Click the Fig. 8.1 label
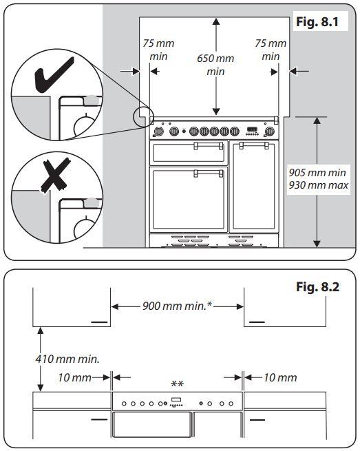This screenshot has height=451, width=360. coord(317,21)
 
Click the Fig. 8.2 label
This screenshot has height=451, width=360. coord(318,286)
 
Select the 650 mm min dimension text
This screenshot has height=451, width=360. coord(215,65)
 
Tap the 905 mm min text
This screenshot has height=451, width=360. coord(317,173)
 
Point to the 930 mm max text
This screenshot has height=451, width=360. coord(318,185)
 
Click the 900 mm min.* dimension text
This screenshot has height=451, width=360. coord(177,306)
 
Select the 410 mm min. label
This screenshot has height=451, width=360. coord(67,359)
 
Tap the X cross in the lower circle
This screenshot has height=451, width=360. coord(56,176)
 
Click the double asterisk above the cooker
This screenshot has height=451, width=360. coord(177,384)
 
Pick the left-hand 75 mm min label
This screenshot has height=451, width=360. coord(158,50)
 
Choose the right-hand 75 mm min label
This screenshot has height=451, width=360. coord(271,50)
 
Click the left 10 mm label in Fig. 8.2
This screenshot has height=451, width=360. coord(75,377)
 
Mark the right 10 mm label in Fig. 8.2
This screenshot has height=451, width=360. coord(280,377)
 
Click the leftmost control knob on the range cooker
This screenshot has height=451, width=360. coord(158,132)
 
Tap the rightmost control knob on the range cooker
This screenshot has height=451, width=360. coord(269,132)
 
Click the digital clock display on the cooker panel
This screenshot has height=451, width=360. coord(252,129)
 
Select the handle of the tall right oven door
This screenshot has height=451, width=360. coord(254,145)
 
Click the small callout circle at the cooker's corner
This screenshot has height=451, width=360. coord(142,117)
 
